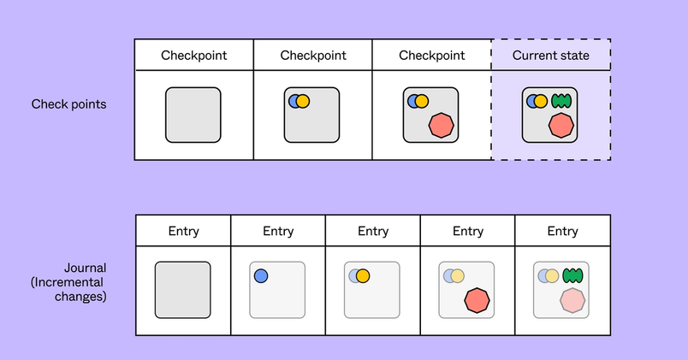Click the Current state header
[x=550, y=56]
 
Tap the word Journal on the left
[x=83, y=267]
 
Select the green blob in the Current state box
[x=560, y=102]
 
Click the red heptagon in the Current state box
[x=560, y=125]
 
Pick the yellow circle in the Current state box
[x=541, y=102]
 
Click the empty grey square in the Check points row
[x=193, y=115]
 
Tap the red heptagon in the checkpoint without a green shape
[x=442, y=125]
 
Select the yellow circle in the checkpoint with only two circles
[x=301, y=101]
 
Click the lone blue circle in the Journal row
[x=261, y=275]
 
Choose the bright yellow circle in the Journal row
[x=362, y=275]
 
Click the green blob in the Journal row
[x=572, y=275]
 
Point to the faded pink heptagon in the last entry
[x=572, y=300]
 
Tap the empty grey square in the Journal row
[x=182, y=290]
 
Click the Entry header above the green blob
[x=562, y=231]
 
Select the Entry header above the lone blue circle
[x=278, y=231]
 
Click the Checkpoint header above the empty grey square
[x=194, y=56]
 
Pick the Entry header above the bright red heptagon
[x=467, y=231]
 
